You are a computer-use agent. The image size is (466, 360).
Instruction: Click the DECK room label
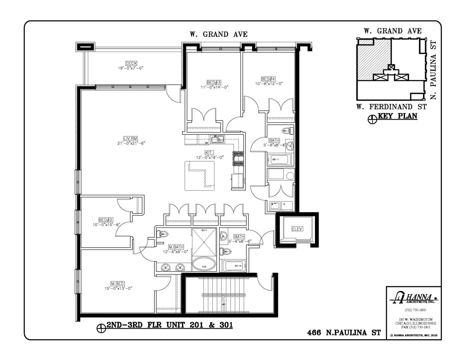(x=131, y=63)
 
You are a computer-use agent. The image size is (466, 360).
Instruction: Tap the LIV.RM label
(x=131, y=139)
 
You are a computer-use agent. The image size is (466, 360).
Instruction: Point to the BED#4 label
(x=268, y=79)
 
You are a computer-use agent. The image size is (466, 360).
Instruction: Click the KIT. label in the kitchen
(x=209, y=152)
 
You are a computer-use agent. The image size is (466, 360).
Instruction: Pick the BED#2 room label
(x=106, y=220)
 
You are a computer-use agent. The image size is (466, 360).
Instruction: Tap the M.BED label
(x=118, y=284)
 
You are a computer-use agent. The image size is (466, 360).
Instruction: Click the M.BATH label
(x=176, y=247)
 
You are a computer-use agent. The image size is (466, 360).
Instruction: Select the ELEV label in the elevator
(x=297, y=229)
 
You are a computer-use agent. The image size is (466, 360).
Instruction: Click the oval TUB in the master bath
(x=204, y=264)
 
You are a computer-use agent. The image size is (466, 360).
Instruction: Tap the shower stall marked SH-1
(x=204, y=242)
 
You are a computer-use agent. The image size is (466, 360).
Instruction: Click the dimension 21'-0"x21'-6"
(x=131, y=143)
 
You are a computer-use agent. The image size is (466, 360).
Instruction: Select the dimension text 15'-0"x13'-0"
(x=118, y=289)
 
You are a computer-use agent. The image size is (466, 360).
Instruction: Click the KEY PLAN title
(x=397, y=116)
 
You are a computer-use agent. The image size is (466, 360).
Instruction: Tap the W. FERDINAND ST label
(x=391, y=107)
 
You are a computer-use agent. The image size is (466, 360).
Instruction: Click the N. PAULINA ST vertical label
(x=433, y=70)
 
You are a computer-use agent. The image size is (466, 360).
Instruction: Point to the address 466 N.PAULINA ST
(x=344, y=333)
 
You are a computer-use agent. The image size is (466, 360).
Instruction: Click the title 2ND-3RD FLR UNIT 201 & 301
(x=169, y=325)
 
